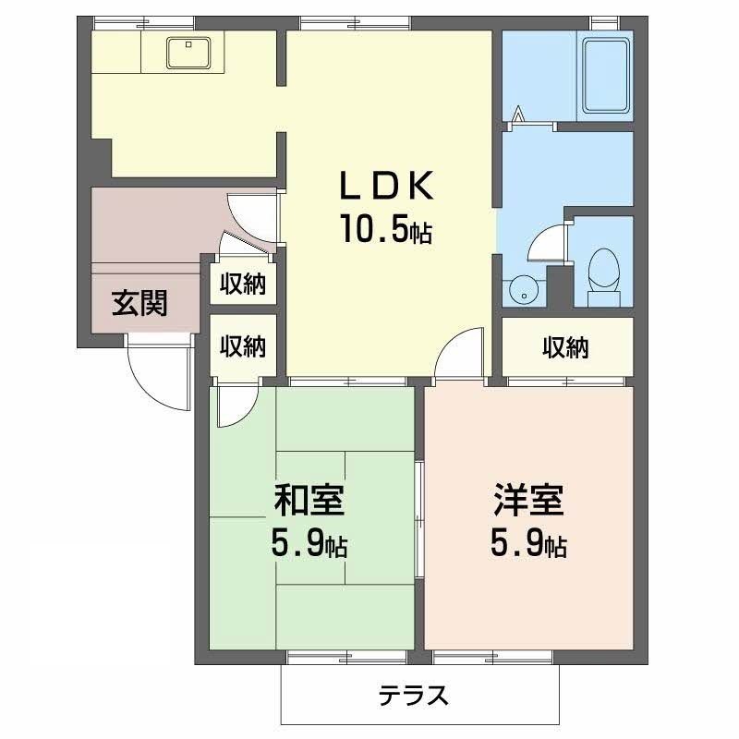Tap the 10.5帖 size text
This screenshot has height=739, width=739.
pyautogui.click(x=386, y=229)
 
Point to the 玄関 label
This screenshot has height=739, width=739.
pyautogui.click(x=139, y=303)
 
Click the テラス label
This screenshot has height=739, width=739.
pyautogui.click(x=413, y=695)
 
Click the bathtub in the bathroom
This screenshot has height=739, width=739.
pyautogui.click(x=605, y=73)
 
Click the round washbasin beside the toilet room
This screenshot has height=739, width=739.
pyautogui.click(x=523, y=289)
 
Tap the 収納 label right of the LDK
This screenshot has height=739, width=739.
pyautogui.click(x=565, y=347)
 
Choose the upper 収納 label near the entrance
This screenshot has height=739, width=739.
pyautogui.click(x=242, y=285)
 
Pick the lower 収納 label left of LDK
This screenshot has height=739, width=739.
pyautogui.click(x=242, y=346)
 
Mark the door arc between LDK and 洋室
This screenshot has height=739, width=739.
pyautogui.click(x=459, y=355)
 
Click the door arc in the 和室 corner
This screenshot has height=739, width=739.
pyautogui.click(x=232, y=407)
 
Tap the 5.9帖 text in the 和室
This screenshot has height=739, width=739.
pyautogui.click(x=309, y=546)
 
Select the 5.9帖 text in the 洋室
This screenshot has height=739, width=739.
pyautogui.click(x=527, y=546)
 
